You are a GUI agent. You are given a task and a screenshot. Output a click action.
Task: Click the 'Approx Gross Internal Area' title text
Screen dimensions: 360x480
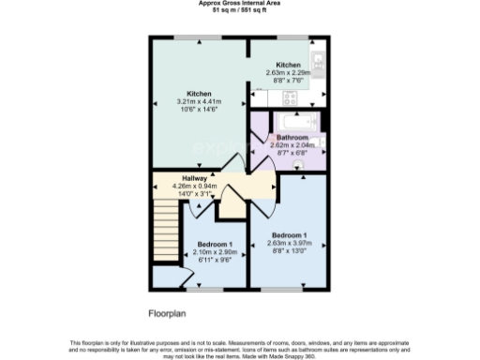tap(240, 3)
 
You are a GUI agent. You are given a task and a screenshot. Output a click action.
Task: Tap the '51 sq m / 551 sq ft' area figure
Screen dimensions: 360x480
tap(240, 10)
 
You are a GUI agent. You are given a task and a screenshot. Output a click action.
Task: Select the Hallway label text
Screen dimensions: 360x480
tap(194, 177)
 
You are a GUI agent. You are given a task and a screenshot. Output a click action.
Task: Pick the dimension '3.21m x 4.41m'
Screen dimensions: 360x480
tap(199, 101)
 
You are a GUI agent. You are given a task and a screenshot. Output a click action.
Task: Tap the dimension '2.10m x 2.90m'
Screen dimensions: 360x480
tap(215, 252)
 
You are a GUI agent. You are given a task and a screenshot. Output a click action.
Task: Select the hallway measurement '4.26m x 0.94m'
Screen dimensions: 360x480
tap(194, 186)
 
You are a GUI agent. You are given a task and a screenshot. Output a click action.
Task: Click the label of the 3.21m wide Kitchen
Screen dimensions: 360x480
tap(199, 94)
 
